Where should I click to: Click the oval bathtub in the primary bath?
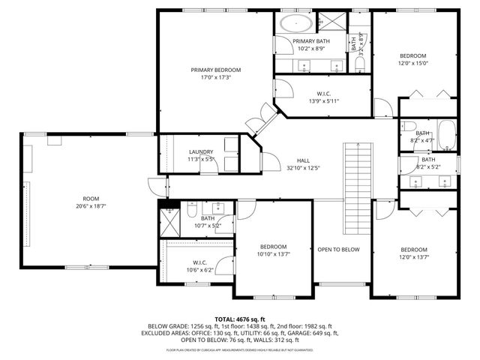[x=295, y=22]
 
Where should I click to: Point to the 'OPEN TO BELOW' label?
[x=338, y=250]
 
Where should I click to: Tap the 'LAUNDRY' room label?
[x=200, y=151]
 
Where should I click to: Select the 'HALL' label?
[x=303, y=160]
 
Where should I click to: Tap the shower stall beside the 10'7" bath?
[x=169, y=224]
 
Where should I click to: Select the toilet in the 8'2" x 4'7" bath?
[x=409, y=125]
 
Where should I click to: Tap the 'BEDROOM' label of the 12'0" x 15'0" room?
[x=412, y=55]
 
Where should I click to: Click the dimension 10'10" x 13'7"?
[x=273, y=255]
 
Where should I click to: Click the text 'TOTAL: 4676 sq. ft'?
[x=240, y=319]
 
